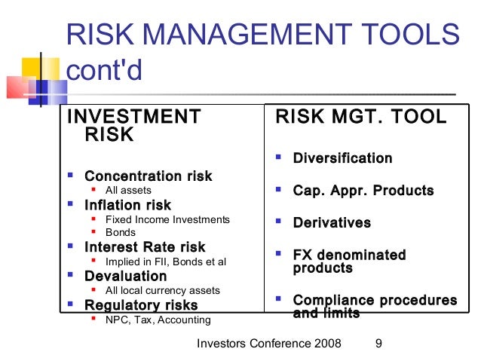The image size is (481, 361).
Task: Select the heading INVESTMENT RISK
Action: click(134, 125)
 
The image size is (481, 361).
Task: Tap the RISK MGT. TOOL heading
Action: click(361, 117)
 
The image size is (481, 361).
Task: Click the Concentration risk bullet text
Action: click(148, 176)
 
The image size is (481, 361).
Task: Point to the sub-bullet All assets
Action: click(128, 191)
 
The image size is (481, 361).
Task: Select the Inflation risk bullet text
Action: click(127, 205)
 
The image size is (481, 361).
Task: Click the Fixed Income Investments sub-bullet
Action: click(167, 219)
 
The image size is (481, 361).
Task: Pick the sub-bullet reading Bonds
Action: click(121, 233)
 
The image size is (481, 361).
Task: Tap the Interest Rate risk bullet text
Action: click(145, 247)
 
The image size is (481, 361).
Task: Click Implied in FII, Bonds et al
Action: click(165, 262)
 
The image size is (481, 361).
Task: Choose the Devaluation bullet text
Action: click(125, 276)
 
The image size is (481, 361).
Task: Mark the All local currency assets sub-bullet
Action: click(162, 290)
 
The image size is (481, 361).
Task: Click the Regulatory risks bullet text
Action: click(141, 304)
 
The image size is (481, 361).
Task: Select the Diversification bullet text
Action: click(342, 158)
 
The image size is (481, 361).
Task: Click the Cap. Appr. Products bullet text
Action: click(363, 191)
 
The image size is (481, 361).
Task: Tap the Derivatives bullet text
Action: click(332, 223)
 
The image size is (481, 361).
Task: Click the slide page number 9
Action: click(378, 344)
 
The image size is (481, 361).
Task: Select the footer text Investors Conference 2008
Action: click(268, 344)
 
